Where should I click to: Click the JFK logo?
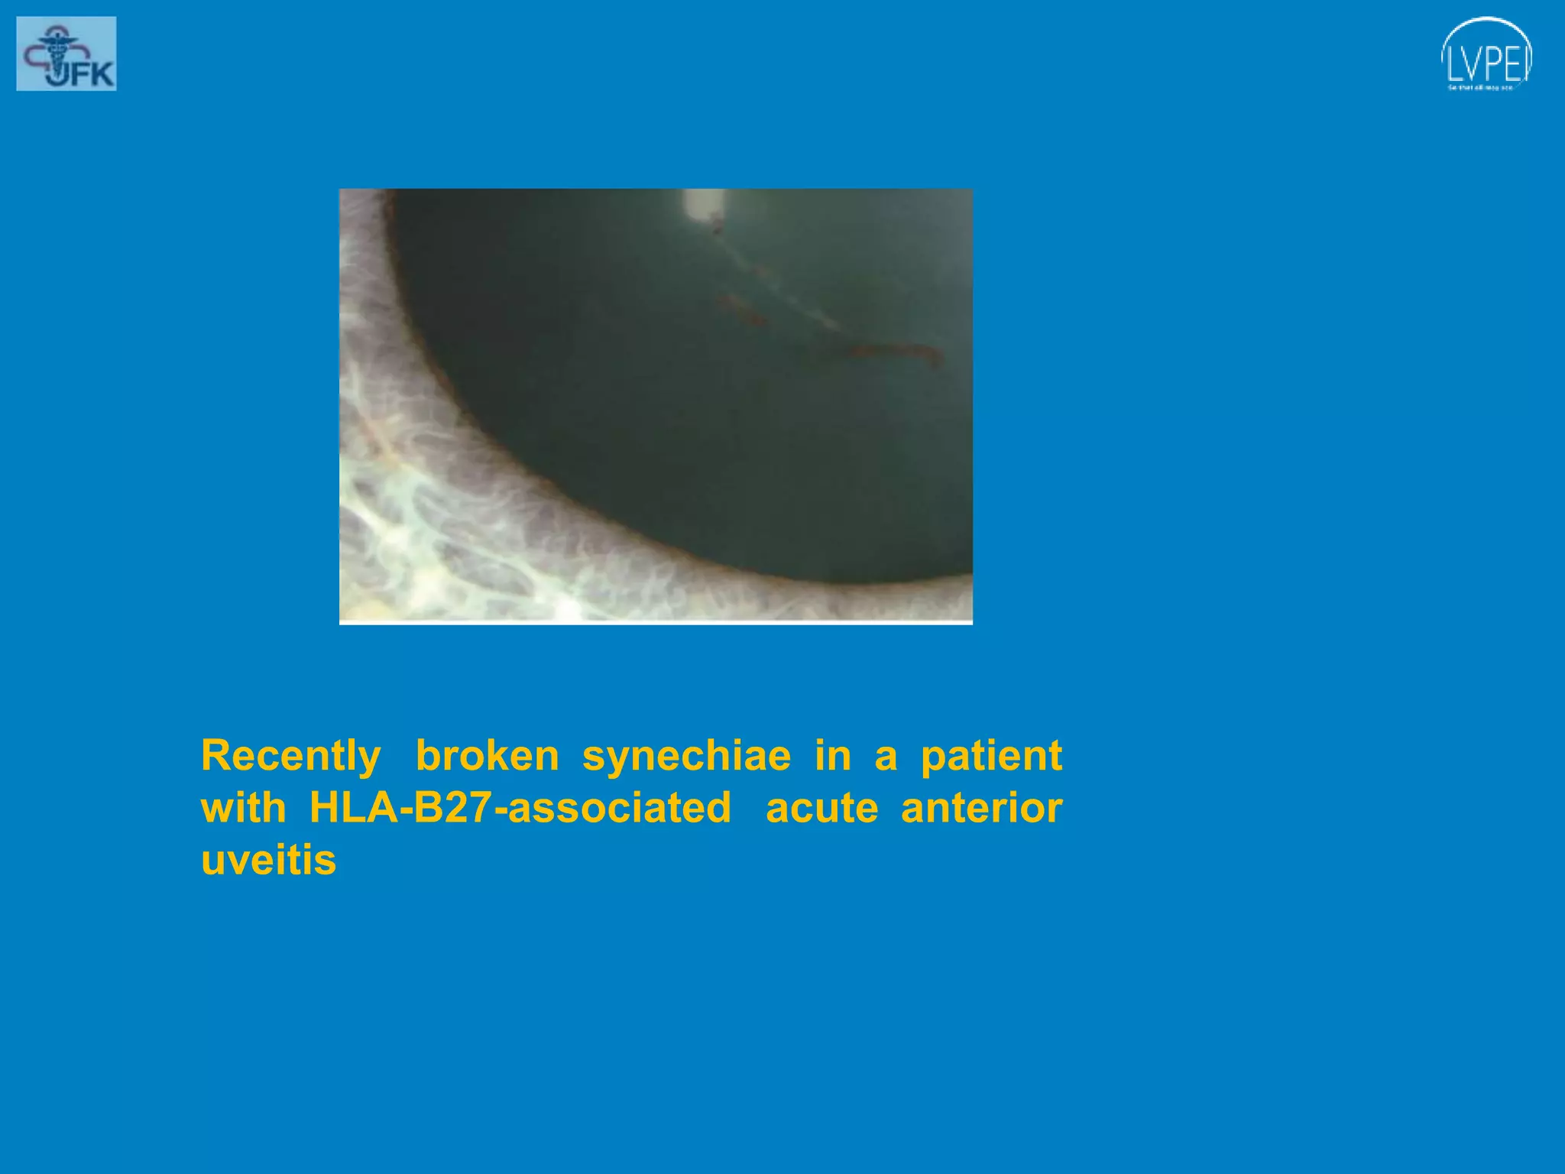coord(66,54)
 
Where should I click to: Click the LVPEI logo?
coord(1486,55)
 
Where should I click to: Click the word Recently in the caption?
coord(290,757)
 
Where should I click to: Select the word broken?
coord(487,757)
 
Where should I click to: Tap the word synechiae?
coord(686,757)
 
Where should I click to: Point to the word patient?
coord(991,757)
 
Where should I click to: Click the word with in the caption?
coord(243,809)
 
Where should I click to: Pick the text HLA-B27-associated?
coord(520,809)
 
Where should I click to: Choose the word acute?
coord(821,809)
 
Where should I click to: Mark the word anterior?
coord(981,809)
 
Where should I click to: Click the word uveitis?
coord(268,861)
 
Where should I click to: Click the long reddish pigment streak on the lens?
coord(894,352)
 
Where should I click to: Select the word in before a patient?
coord(832,757)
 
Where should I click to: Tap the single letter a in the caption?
coord(885,757)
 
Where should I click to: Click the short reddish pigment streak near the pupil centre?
coord(740,309)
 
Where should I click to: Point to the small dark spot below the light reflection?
coord(717,227)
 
